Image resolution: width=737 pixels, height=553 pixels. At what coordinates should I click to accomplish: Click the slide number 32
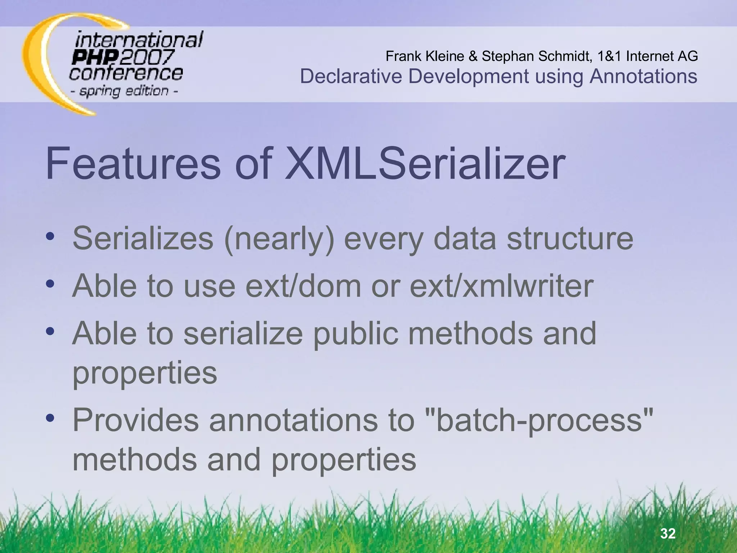(x=668, y=533)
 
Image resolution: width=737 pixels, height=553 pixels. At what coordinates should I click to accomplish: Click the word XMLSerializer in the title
(x=425, y=164)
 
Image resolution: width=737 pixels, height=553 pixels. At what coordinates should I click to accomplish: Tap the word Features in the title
(x=133, y=164)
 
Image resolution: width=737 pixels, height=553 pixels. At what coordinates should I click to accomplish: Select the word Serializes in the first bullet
(x=143, y=238)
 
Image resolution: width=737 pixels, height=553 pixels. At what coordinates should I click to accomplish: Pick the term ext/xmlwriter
(x=502, y=286)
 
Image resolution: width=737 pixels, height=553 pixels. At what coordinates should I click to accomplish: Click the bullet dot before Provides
(x=50, y=418)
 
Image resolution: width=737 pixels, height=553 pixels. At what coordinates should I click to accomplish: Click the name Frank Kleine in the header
(x=425, y=56)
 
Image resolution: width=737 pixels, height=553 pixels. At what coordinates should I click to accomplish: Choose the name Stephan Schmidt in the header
(x=536, y=56)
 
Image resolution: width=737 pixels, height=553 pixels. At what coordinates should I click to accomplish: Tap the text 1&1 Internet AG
(x=647, y=56)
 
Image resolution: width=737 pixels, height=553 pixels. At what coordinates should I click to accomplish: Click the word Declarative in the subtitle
(x=351, y=77)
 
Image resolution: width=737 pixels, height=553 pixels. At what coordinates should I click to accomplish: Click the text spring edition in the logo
(x=124, y=91)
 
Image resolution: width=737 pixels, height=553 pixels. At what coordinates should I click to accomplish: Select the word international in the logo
(x=139, y=40)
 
